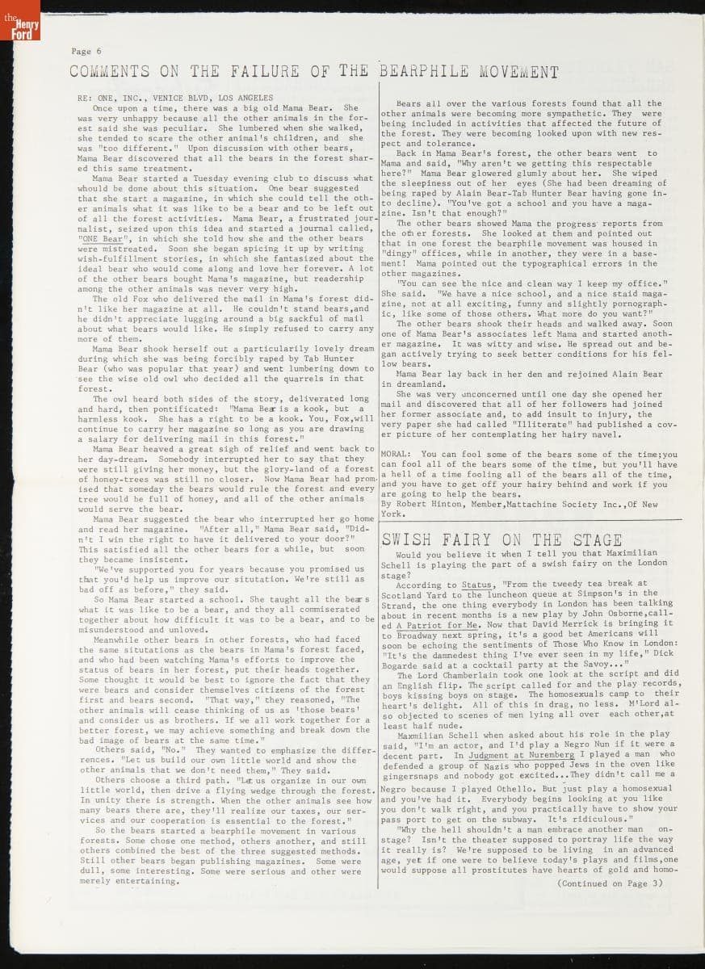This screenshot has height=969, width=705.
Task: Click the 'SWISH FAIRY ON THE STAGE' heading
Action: (501, 539)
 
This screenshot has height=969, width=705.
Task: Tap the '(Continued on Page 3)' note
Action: (610, 883)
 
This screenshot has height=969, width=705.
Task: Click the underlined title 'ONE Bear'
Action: (102, 239)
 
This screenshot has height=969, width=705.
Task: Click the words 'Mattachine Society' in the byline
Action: (561, 504)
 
